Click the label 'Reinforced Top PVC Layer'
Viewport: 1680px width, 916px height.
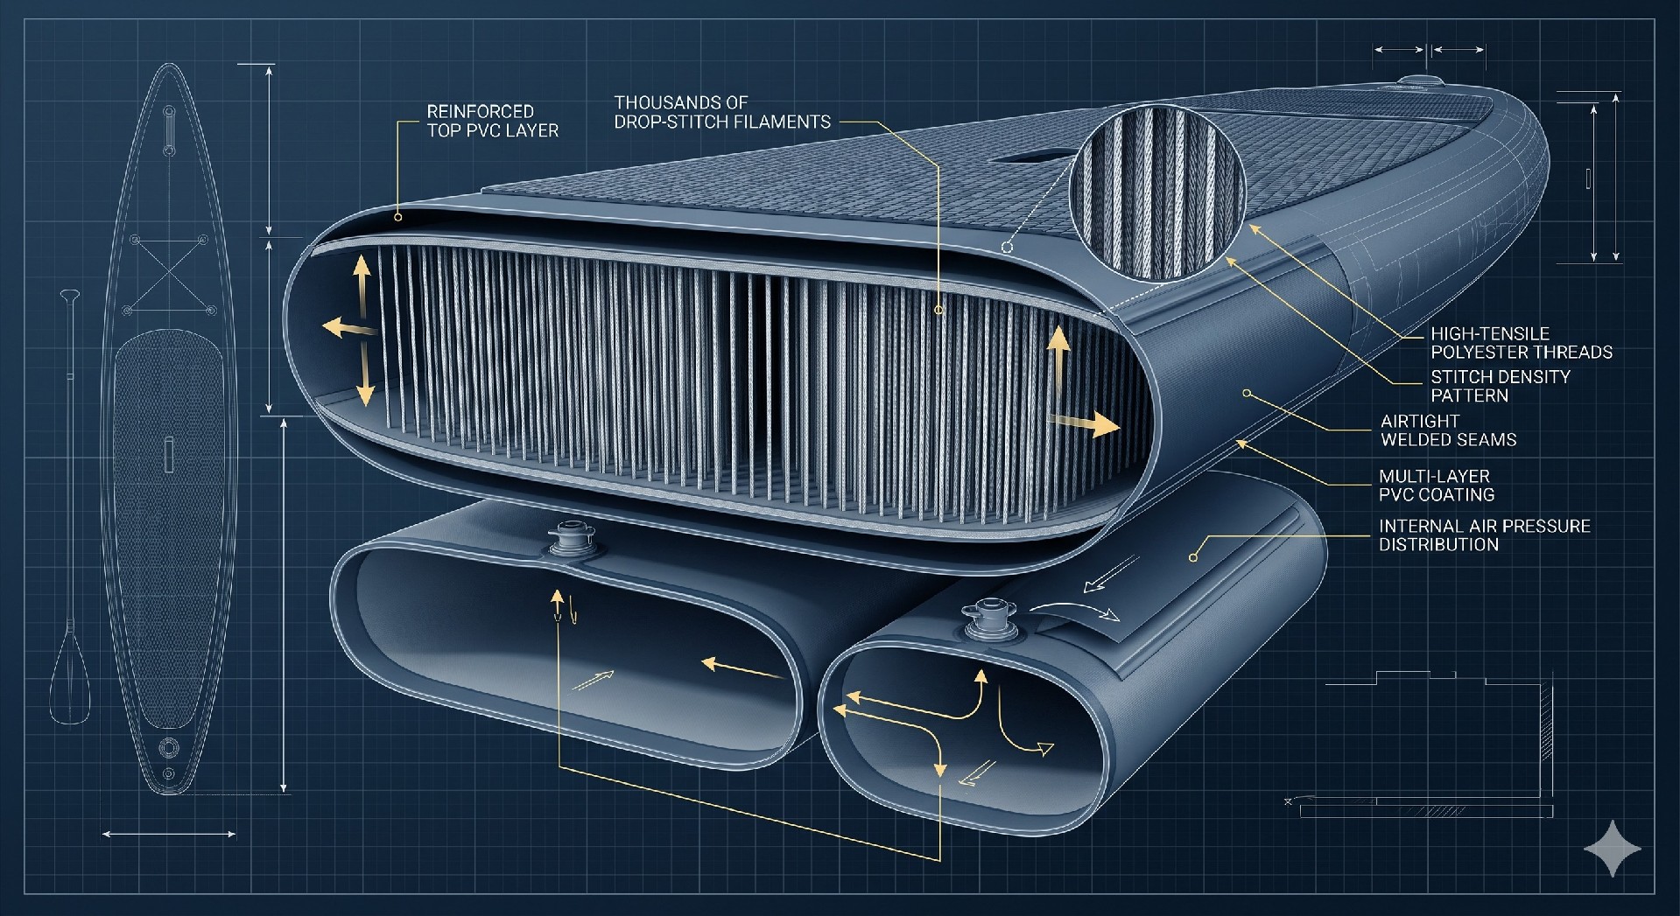pos(492,121)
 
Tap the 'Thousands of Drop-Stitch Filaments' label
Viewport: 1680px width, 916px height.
pos(722,113)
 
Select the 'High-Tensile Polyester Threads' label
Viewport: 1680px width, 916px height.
pos(1522,343)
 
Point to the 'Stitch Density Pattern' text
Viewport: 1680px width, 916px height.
pos(1501,386)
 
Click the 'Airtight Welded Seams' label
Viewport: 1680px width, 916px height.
pos(1448,430)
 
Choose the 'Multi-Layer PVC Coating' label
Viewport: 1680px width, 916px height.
pos(1437,486)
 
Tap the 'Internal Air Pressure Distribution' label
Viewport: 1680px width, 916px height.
pos(1485,535)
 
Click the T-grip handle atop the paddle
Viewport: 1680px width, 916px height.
pos(69,294)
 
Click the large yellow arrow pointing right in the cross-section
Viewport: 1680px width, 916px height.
pos(1084,423)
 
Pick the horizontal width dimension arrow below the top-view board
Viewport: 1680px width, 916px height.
pos(169,834)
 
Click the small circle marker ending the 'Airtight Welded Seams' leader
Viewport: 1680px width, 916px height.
pos(1248,394)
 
